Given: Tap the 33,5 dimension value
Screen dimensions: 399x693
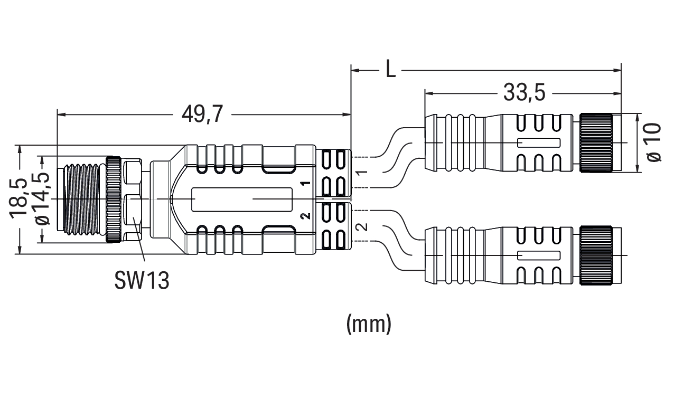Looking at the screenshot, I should [517, 93].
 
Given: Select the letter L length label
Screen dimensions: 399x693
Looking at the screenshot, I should [390, 69].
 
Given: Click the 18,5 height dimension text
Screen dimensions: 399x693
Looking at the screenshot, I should [21, 198].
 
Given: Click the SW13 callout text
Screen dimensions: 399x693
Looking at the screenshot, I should [142, 281].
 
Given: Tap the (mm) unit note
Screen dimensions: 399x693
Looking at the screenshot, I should [369, 324].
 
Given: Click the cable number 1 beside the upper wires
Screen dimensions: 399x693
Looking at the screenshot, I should [362, 173].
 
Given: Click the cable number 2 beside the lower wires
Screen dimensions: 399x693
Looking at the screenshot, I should [362, 227].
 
